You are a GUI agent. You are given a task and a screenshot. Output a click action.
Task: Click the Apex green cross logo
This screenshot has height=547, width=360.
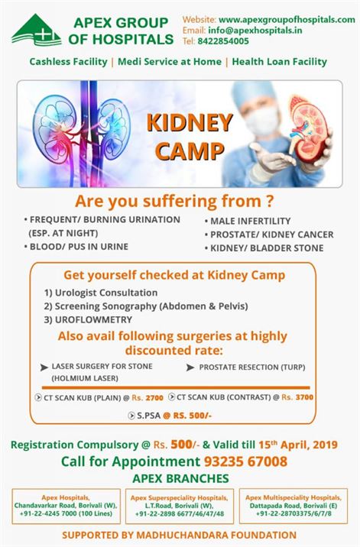pos(36,30)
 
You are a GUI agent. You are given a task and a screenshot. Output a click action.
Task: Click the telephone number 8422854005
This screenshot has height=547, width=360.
pos(222,40)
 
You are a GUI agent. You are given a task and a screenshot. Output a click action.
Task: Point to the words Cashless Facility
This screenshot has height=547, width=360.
pos(70,61)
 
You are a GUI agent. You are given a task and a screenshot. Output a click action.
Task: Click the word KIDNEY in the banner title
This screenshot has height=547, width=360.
pos(189,122)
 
